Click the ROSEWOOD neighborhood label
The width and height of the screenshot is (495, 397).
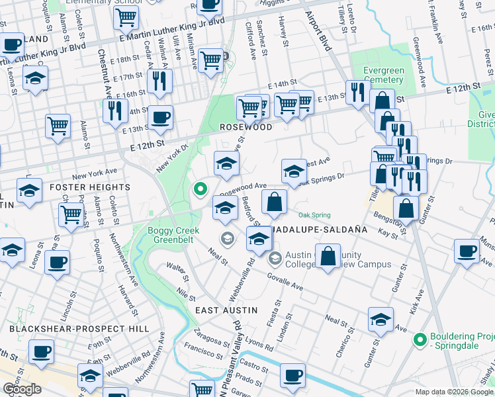(x=246, y=126)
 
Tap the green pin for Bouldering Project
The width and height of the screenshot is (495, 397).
(x=418, y=340)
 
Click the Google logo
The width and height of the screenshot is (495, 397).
(x=22, y=389)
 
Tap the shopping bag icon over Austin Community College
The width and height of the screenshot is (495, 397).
(x=328, y=255)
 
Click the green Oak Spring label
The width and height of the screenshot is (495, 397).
(x=314, y=215)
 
